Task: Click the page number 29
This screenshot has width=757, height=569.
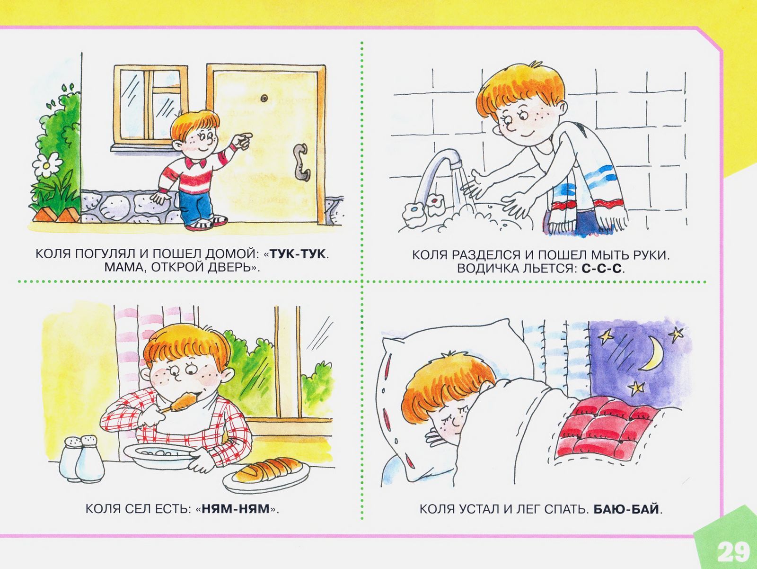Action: [x=733, y=551]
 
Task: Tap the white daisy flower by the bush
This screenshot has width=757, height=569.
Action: [x=47, y=164]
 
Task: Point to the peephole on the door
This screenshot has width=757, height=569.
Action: [x=264, y=98]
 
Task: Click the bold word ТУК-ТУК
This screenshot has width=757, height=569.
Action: [x=298, y=254]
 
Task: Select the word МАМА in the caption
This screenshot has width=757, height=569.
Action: [x=121, y=268]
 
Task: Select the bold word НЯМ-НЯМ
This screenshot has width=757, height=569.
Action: [x=235, y=509]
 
